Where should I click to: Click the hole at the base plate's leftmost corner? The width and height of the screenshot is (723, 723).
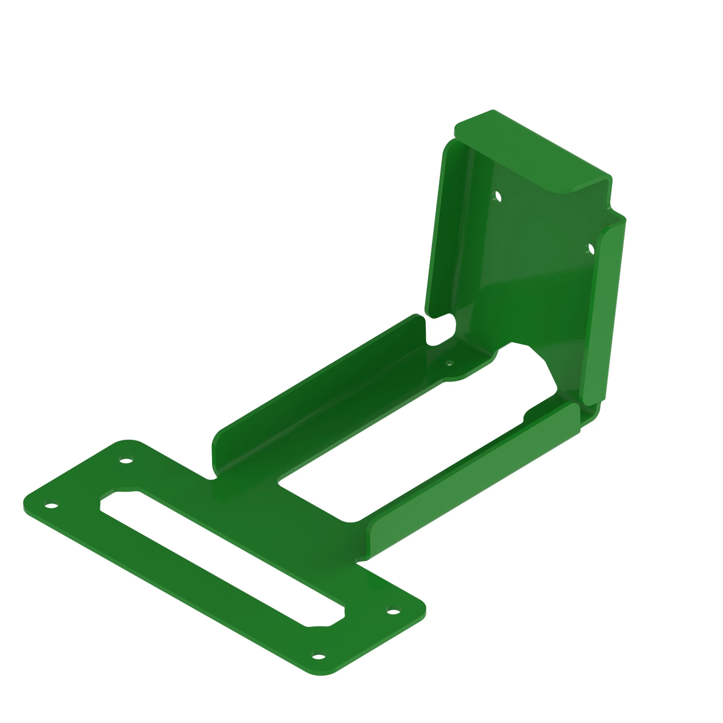pyautogui.click(x=51, y=506)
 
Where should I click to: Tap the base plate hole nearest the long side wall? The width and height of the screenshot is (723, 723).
pyautogui.click(x=126, y=460)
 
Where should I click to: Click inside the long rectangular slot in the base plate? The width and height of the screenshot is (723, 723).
pyautogui.click(x=221, y=557)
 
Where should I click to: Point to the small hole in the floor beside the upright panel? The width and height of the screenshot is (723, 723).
pyautogui.click(x=450, y=362)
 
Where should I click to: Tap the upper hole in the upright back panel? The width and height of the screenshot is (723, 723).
pyautogui.click(x=498, y=196)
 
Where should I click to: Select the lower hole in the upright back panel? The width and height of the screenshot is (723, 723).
pyautogui.click(x=591, y=249)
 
